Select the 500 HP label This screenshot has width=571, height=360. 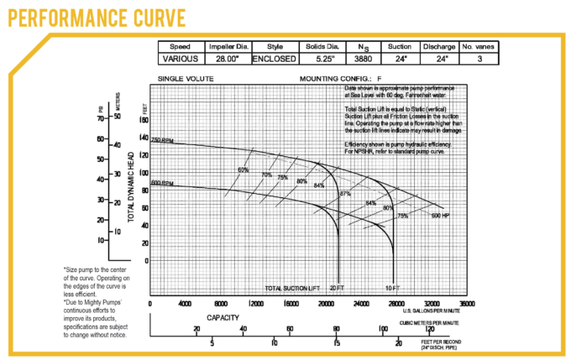(441, 216)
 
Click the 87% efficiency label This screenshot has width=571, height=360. (344, 194)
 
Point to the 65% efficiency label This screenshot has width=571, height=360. (244, 170)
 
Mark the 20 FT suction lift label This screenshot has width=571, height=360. (336, 288)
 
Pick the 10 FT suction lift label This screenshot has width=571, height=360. (391, 288)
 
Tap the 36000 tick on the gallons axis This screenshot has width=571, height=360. (467, 304)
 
